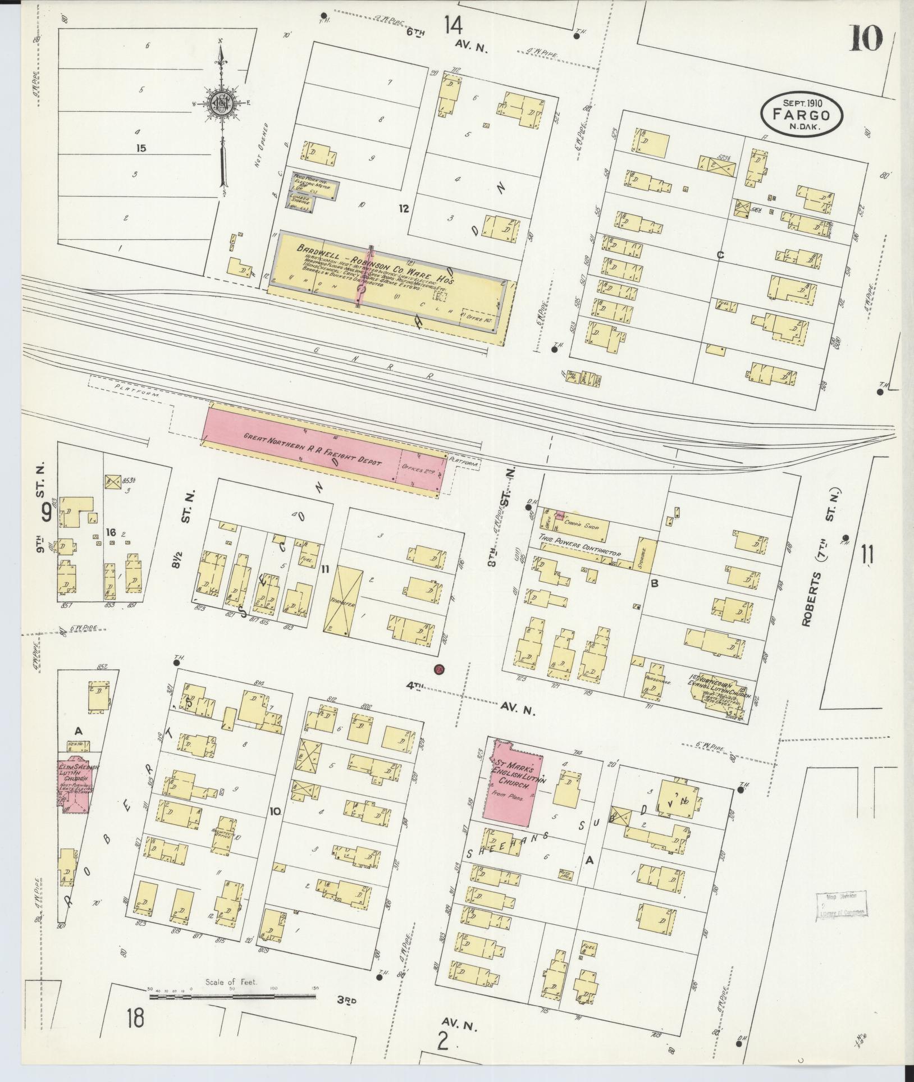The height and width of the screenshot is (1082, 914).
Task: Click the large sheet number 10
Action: click(866, 39)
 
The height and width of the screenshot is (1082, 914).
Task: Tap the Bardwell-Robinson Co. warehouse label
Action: click(381, 262)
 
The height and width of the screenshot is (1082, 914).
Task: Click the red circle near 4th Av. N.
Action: click(439, 669)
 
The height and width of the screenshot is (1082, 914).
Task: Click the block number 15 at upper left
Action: click(141, 148)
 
